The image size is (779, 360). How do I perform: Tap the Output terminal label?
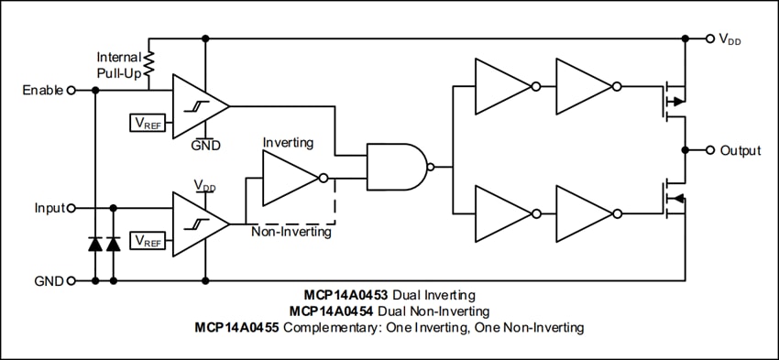740,150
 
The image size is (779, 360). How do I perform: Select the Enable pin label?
43,90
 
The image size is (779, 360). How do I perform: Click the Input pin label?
49,208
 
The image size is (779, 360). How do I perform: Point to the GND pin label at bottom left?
49,280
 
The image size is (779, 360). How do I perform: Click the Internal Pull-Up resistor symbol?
149,64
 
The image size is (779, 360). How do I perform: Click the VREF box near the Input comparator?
148,240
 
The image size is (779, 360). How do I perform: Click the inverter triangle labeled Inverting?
291,178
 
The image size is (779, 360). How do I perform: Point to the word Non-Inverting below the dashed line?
291,233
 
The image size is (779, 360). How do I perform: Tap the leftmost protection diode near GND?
95,244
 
